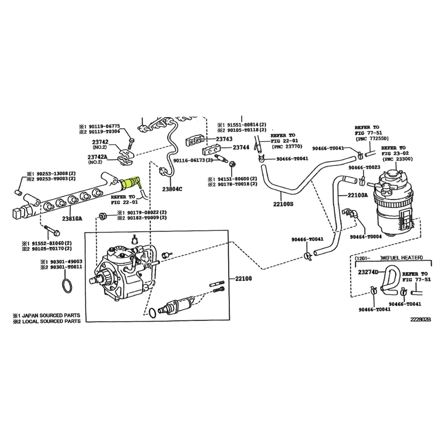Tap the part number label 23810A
point(72,218)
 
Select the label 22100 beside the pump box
point(243,279)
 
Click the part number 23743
point(224,139)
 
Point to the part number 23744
point(241,147)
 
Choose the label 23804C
point(172,189)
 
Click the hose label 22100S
point(283,204)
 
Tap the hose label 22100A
point(358,195)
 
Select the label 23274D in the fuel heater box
point(368,272)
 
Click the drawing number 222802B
point(421,319)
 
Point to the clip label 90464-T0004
point(366,237)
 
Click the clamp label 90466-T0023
point(364,168)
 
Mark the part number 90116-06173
point(189,160)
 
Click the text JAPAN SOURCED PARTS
point(51,316)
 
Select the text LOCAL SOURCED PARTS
point(51,321)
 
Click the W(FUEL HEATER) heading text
point(402,258)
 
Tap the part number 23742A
point(97,157)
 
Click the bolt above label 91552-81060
point(52,230)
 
